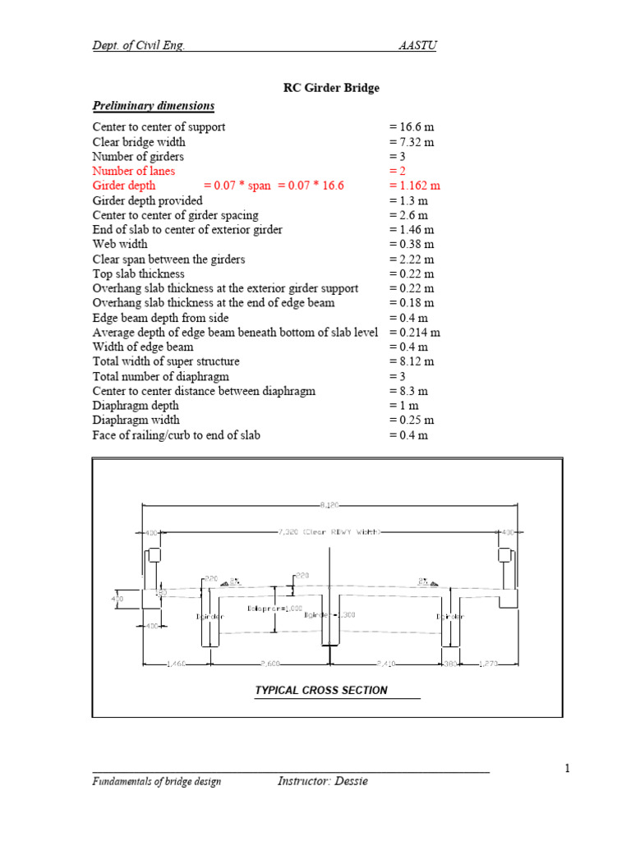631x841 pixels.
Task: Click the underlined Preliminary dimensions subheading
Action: (154, 106)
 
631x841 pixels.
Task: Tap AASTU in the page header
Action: (417, 45)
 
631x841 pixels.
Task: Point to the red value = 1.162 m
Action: (415, 186)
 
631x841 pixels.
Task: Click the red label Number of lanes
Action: (133, 171)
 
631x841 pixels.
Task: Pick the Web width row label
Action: (120, 244)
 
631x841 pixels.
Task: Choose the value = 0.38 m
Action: (412, 244)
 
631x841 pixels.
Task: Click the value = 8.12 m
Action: (412, 361)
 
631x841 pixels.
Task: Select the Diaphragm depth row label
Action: (135, 406)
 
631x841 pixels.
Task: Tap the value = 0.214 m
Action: (415, 333)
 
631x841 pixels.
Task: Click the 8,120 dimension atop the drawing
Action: (329, 503)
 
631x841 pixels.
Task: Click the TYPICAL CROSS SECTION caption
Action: (321, 691)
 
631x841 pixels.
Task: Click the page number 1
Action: (567, 769)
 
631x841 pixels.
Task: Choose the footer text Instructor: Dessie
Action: (322, 781)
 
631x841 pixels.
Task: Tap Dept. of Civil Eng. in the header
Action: (138, 45)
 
